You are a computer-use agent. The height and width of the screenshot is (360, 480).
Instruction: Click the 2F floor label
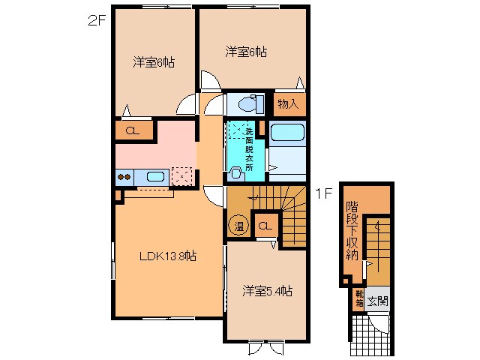[95, 20]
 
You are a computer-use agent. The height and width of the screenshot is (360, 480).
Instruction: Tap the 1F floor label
[323, 193]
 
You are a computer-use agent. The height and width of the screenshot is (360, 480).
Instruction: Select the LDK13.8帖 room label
[168, 256]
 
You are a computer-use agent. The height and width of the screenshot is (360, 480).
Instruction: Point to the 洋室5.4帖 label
[266, 290]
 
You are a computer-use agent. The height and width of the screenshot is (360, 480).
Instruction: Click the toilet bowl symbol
[247, 104]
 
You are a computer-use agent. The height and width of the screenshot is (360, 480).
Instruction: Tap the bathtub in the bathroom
[286, 133]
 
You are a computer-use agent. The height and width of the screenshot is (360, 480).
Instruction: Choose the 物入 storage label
[289, 104]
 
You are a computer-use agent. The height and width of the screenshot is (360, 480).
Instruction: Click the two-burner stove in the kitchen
[124, 178]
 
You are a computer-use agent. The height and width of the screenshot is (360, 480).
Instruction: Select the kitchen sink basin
[155, 177]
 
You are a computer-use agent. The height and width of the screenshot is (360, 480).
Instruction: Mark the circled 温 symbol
[237, 226]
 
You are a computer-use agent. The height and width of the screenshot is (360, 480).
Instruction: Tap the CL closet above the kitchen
[133, 131]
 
